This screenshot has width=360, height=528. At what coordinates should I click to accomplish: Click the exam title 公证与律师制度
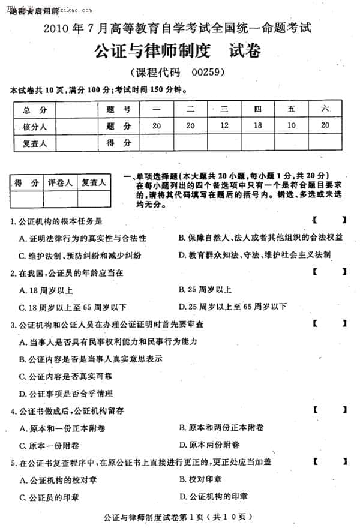151,52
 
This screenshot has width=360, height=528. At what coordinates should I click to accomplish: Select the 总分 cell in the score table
34,109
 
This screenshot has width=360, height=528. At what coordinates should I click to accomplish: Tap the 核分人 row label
34,126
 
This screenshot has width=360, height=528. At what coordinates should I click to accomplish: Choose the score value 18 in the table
258,126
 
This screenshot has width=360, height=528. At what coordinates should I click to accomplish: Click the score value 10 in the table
292,126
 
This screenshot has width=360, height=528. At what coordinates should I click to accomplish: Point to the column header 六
325,109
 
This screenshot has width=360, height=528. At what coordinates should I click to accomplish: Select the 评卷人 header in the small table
60,182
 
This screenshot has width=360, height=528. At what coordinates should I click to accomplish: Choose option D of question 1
254,254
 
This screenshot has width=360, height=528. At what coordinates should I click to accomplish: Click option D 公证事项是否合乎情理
66,394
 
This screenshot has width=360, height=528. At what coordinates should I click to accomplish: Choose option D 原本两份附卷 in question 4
209,445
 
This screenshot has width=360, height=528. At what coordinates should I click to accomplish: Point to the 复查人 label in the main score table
34,143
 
